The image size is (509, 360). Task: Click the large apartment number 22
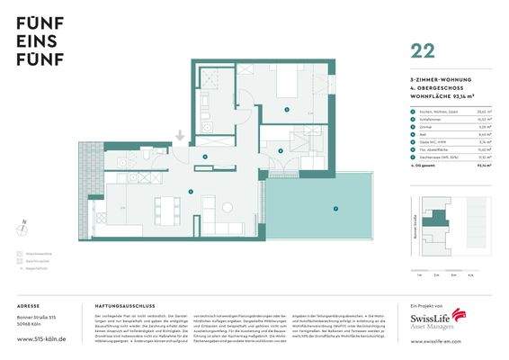(423, 51)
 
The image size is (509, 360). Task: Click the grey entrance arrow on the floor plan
(180, 136)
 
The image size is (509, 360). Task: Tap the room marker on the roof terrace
(335, 209)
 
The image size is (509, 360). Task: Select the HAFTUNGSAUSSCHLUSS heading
(122, 306)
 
